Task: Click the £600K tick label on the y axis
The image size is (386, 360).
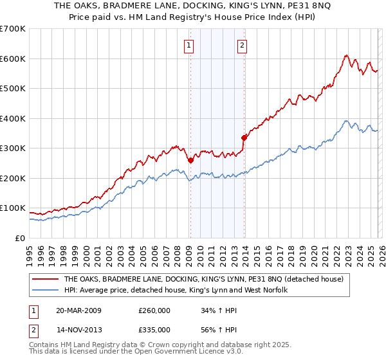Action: [x=13, y=59]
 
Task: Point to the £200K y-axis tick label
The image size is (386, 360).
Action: [x=13, y=178]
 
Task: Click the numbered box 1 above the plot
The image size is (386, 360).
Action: [x=189, y=45]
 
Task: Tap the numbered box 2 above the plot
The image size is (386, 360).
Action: [x=243, y=45]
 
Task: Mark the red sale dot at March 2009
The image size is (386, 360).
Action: [x=190, y=161]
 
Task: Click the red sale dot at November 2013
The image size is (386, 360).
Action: [x=244, y=138]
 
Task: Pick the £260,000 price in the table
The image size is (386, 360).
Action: [x=154, y=310]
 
